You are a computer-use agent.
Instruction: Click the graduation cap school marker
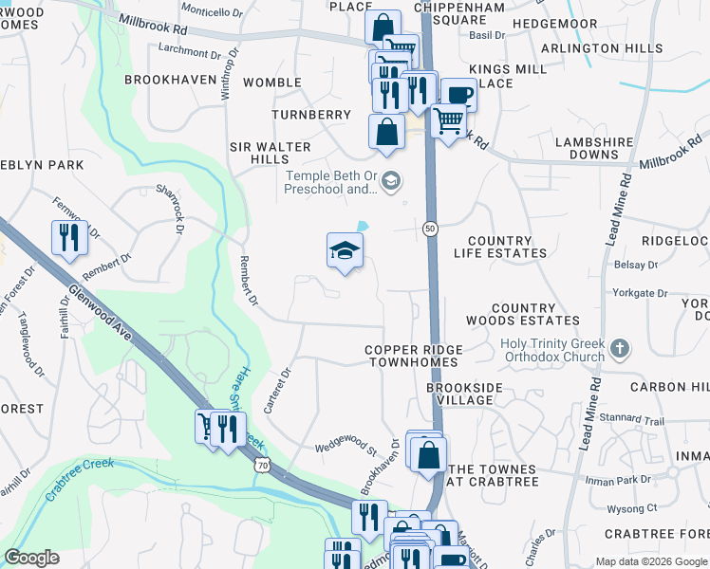[346, 251]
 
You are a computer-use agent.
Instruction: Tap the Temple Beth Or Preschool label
[329, 182]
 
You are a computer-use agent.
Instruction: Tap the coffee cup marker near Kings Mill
[458, 95]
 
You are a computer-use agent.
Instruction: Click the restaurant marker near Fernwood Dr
[69, 238]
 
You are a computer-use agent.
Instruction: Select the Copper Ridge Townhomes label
[412, 357]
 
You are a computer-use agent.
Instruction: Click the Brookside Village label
[459, 395]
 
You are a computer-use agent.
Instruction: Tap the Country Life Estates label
[507, 248]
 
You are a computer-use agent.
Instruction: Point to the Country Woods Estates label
[535, 315]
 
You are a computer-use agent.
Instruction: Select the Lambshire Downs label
[593, 148]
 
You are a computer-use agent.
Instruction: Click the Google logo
[31, 558]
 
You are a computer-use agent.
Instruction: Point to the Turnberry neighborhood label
[311, 115]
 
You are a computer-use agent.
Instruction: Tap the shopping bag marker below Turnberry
[386, 132]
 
